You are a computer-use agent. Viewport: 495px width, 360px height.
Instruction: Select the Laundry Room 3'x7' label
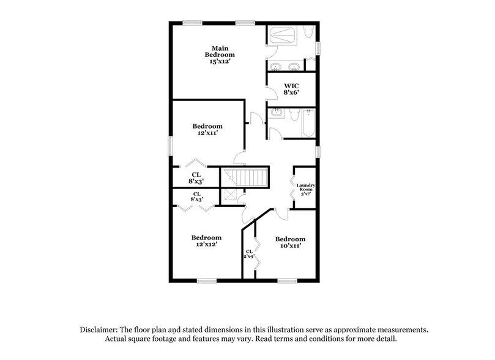(305, 189)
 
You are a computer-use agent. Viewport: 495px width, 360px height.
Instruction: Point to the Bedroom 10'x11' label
(289, 242)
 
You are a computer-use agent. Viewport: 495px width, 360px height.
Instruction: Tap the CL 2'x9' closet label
(250, 254)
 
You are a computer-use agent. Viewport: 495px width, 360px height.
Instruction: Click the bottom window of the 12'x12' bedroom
(207, 281)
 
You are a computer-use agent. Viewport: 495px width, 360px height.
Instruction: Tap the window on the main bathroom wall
(318, 47)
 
